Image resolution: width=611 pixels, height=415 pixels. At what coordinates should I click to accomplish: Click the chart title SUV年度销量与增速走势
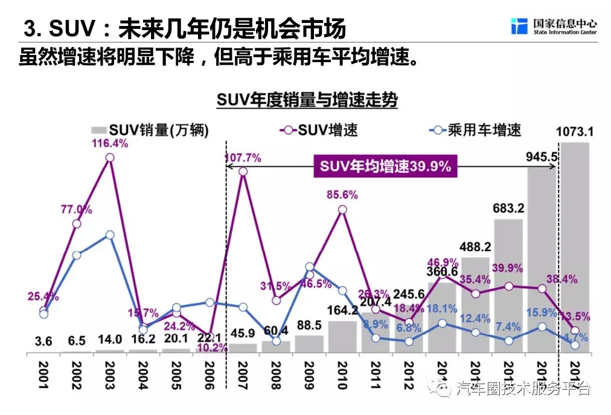(x=307, y=100)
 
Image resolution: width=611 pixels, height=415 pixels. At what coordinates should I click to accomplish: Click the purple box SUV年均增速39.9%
(x=385, y=167)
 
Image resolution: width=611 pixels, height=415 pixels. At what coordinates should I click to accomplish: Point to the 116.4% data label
(x=110, y=143)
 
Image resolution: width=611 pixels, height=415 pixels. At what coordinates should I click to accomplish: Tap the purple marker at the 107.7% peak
(x=243, y=172)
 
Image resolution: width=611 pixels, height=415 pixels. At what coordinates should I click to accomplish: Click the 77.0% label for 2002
(x=76, y=210)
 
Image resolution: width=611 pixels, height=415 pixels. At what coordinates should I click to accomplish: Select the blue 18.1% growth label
(x=443, y=308)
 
